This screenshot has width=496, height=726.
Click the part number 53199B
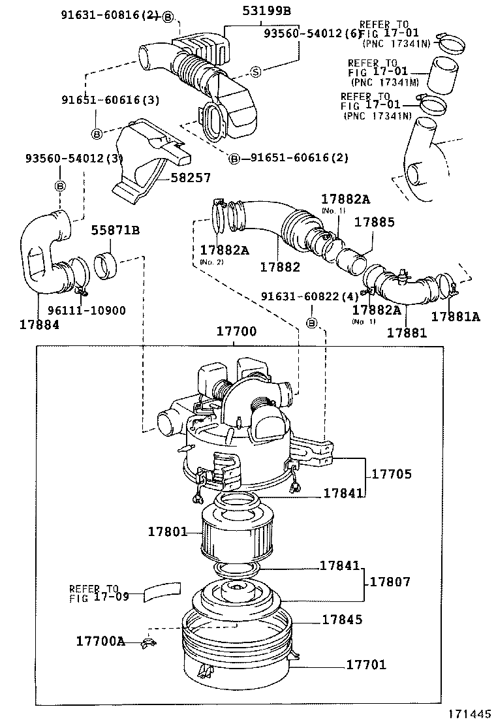(267, 10)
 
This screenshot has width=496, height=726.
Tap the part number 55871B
(116, 230)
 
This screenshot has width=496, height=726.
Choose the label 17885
(374, 223)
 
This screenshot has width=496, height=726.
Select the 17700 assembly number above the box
(236, 332)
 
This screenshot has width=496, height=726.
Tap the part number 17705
(392, 474)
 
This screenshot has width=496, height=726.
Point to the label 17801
(167, 532)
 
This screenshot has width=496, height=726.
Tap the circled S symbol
(256, 71)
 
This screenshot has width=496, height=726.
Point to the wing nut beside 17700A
(147, 644)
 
